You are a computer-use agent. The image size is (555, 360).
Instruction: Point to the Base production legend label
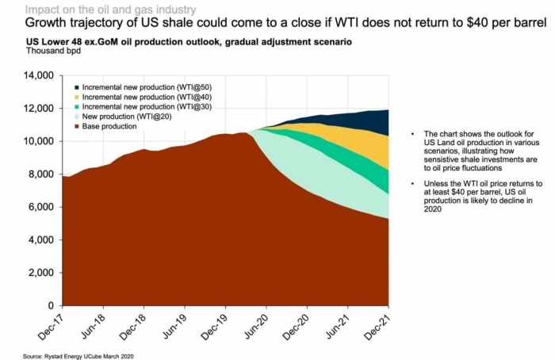pyautogui.click(x=110, y=126)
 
